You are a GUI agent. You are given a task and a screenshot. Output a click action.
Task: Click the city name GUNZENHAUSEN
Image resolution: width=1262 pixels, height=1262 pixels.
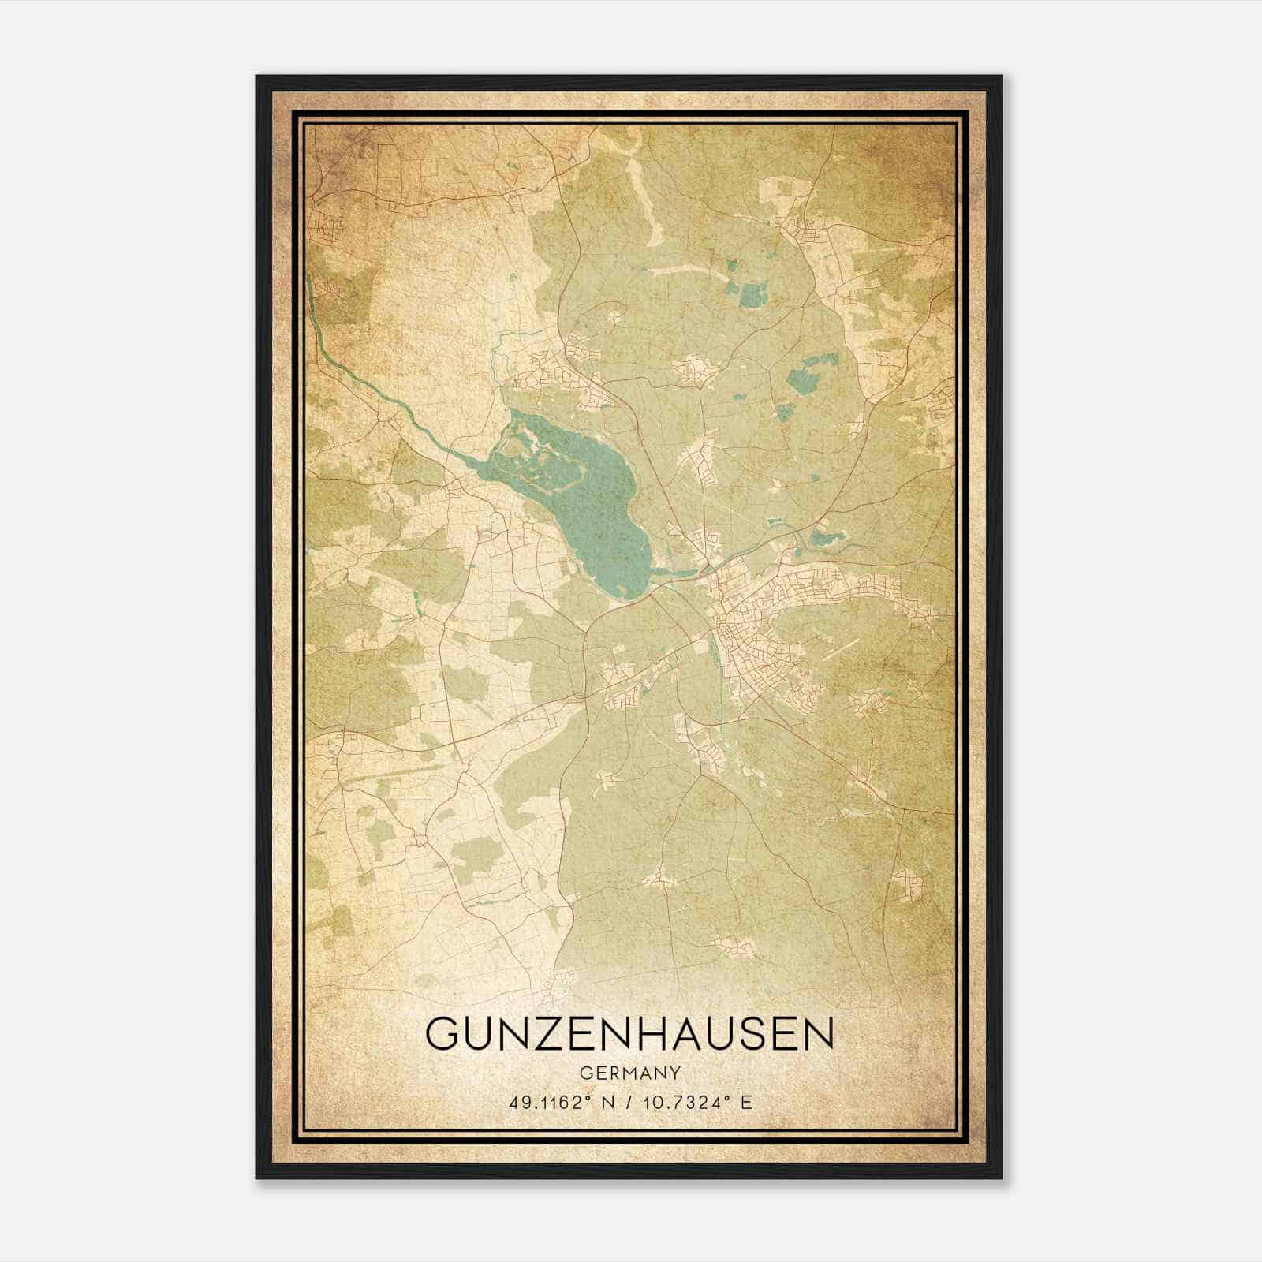[629, 1033]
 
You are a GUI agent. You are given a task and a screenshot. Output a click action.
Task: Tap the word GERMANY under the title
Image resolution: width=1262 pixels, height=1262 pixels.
[629, 1073]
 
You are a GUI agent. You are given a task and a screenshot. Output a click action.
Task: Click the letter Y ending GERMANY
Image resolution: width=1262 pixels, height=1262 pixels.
[675, 1073]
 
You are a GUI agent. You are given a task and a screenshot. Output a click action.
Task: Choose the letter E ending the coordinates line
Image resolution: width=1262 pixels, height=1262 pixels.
[746, 1102]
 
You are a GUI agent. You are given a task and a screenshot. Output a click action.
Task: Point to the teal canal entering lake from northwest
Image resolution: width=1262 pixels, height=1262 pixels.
[379, 394]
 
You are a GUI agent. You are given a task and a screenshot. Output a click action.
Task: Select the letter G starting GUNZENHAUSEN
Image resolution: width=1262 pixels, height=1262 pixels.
[442, 1033]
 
